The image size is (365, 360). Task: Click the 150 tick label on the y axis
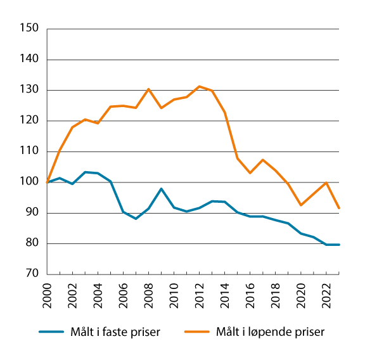(30, 29)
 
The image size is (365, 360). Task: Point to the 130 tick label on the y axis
(30, 90)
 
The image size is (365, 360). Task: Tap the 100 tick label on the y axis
(30, 183)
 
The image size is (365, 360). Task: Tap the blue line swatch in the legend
(54, 331)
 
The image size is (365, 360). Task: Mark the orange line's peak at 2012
(200, 86)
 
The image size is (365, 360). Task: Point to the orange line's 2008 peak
(149, 89)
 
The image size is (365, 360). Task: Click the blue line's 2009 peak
(162, 189)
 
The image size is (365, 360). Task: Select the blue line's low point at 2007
(136, 219)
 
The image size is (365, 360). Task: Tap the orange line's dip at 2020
(301, 205)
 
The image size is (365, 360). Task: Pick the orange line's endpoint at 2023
(339, 208)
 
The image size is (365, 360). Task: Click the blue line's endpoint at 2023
(339, 245)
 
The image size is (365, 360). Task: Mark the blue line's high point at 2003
(86, 172)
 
